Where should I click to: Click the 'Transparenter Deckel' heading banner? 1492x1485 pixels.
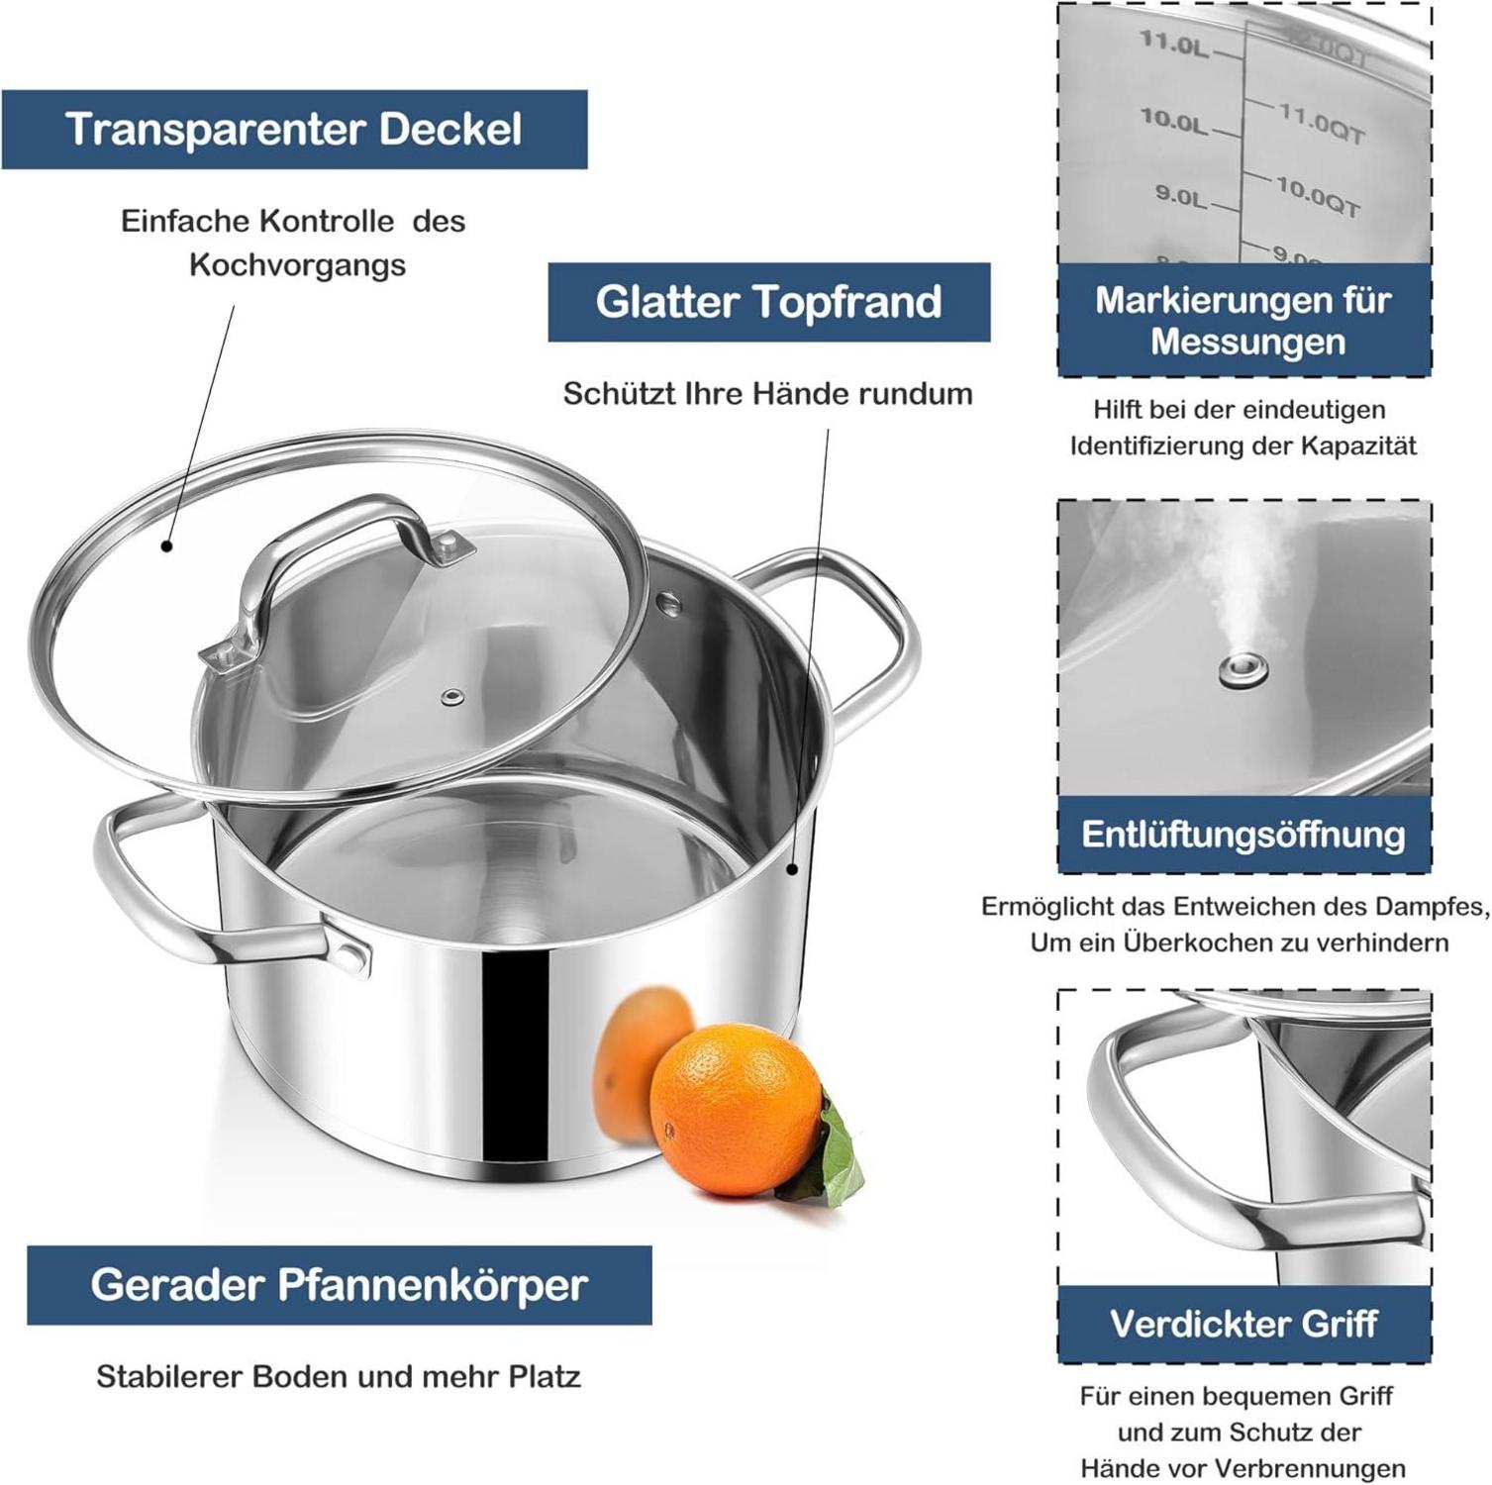tap(294, 130)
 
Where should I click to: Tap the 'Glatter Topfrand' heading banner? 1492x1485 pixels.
tap(769, 302)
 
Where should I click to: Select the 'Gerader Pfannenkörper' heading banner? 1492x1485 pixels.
tap(340, 1285)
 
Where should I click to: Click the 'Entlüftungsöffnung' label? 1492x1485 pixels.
tap(1243, 835)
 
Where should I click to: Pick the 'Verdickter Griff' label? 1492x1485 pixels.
tap(1243, 1325)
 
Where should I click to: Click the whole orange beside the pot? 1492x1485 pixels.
tap(736, 1109)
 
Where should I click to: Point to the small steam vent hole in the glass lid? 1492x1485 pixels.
tap(452, 698)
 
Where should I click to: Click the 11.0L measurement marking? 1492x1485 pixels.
tap(1175, 44)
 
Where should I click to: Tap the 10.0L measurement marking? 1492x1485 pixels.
tap(1174, 121)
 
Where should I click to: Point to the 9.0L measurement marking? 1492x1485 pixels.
tap(1181, 195)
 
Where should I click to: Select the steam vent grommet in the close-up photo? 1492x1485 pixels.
tap(1244, 671)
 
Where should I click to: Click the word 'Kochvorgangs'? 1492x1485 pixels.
tap(298, 265)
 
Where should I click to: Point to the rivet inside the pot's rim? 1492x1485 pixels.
tap(670, 603)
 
